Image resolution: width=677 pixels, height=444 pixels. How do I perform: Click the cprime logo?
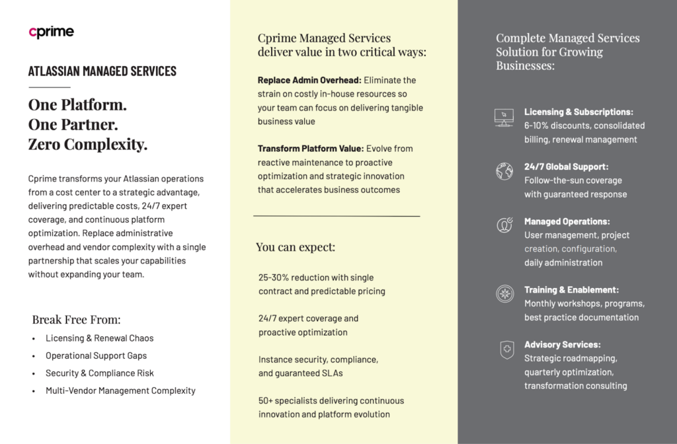tap(51, 32)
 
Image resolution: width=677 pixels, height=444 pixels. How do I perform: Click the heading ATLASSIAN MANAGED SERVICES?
tap(102, 71)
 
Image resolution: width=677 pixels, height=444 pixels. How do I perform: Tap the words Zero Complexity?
tap(87, 144)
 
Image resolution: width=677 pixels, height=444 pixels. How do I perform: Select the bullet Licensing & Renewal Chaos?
tap(99, 338)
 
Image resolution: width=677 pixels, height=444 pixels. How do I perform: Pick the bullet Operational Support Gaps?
tap(96, 355)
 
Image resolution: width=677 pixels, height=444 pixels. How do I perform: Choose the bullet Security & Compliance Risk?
tap(99, 373)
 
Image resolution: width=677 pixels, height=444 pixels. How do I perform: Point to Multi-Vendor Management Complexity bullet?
tap(120, 390)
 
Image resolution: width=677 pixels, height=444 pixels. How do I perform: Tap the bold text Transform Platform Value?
tap(310, 149)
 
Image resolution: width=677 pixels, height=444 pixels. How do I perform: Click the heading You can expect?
tap(296, 248)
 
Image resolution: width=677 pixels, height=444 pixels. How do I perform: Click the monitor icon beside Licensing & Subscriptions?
tap(504, 118)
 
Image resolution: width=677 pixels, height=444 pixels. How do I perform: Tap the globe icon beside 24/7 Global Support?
tap(504, 171)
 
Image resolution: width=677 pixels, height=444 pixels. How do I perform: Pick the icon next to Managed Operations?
tap(504, 225)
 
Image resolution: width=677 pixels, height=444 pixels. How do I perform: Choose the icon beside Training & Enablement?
tap(504, 294)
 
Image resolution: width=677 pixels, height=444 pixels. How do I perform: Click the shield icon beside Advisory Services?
tap(506, 349)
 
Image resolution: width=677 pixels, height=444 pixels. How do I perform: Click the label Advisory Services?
tap(562, 345)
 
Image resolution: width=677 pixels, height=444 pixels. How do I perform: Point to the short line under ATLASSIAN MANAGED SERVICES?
tap(49, 87)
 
